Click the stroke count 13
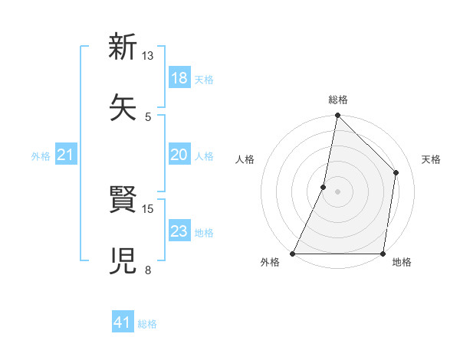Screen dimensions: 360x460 (x=148, y=56)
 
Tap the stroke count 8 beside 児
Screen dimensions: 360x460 (x=148, y=270)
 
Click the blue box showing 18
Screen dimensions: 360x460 (x=179, y=78)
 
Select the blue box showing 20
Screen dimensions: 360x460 (x=179, y=155)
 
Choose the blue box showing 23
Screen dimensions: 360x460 (x=179, y=231)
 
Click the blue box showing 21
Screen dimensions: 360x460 (x=66, y=155)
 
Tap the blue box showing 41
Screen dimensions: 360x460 (x=123, y=323)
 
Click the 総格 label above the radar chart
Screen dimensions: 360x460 (x=338, y=100)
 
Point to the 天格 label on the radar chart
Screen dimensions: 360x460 (x=431, y=159)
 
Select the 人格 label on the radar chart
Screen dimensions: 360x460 (x=245, y=159)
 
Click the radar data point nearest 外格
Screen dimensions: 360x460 (x=293, y=254)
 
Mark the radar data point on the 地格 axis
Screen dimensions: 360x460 (x=383, y=254)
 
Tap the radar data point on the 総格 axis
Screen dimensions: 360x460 (x=337, y=116)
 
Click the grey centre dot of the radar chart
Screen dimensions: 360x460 (x=337, y=191)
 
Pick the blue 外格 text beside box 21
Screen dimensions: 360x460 (x=41, y=156)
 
